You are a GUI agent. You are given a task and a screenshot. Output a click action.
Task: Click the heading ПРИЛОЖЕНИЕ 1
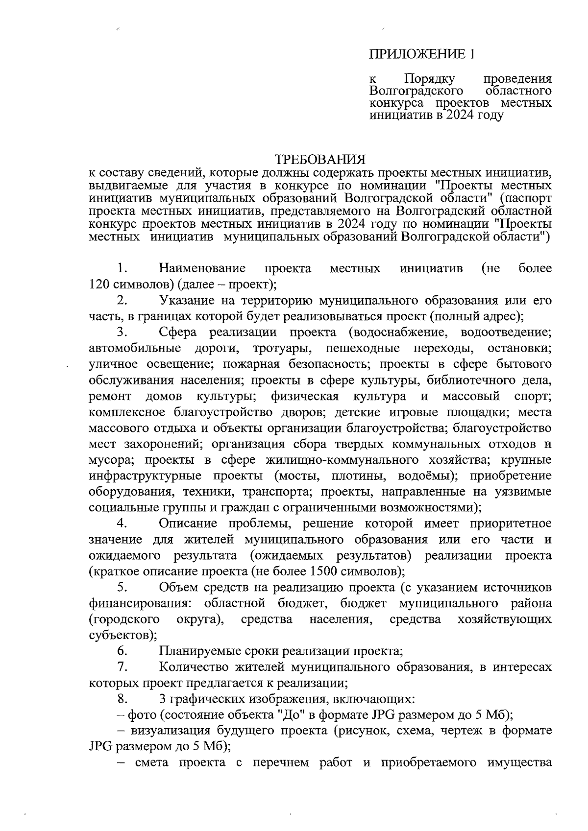422,54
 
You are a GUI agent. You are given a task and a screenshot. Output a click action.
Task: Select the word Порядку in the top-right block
430,79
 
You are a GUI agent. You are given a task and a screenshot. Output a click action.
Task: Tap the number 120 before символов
99,285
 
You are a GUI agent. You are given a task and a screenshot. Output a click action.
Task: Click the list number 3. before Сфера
122,332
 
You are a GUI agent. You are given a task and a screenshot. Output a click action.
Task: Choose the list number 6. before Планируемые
122,651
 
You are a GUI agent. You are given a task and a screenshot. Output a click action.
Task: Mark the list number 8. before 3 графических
122,699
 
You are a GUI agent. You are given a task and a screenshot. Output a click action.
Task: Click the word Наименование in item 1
202,268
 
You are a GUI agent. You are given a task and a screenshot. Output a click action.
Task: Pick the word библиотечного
471,380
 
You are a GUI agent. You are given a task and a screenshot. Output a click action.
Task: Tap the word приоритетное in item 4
511,524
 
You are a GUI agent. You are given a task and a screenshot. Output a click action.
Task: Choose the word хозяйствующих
504,619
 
